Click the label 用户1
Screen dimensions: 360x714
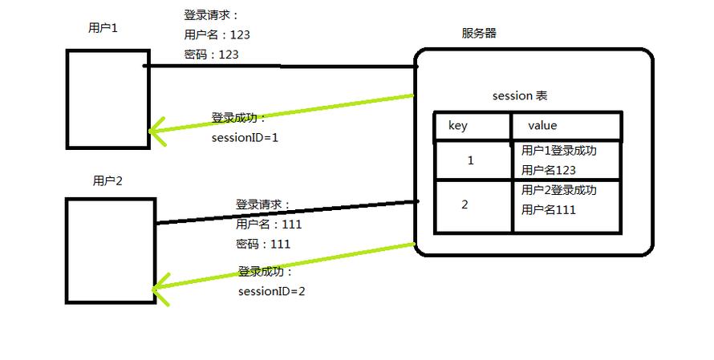(103, 28)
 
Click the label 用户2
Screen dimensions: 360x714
(108, 181)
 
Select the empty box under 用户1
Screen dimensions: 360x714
(108, 99)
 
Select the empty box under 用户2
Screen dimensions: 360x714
(110, 251)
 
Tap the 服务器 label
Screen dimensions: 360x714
(479, 34)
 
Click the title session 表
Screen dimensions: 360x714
(519, 96)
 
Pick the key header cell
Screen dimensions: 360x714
(473, 127)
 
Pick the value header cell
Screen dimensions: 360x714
(566, 127)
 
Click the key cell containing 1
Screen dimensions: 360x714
(471, 160)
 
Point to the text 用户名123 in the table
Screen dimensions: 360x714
(549, 170)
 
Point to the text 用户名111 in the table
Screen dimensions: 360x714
(549, 210)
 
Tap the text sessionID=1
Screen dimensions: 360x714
(245, 137)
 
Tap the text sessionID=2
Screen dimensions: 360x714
(271, 291)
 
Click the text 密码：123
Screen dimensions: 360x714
(211, 55)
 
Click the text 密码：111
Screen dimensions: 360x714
(263, 244)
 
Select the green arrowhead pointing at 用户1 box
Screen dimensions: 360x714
(156, 131)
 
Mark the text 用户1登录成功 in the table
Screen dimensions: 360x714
(558, 150)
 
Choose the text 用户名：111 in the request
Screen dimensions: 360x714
(268, 224)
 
